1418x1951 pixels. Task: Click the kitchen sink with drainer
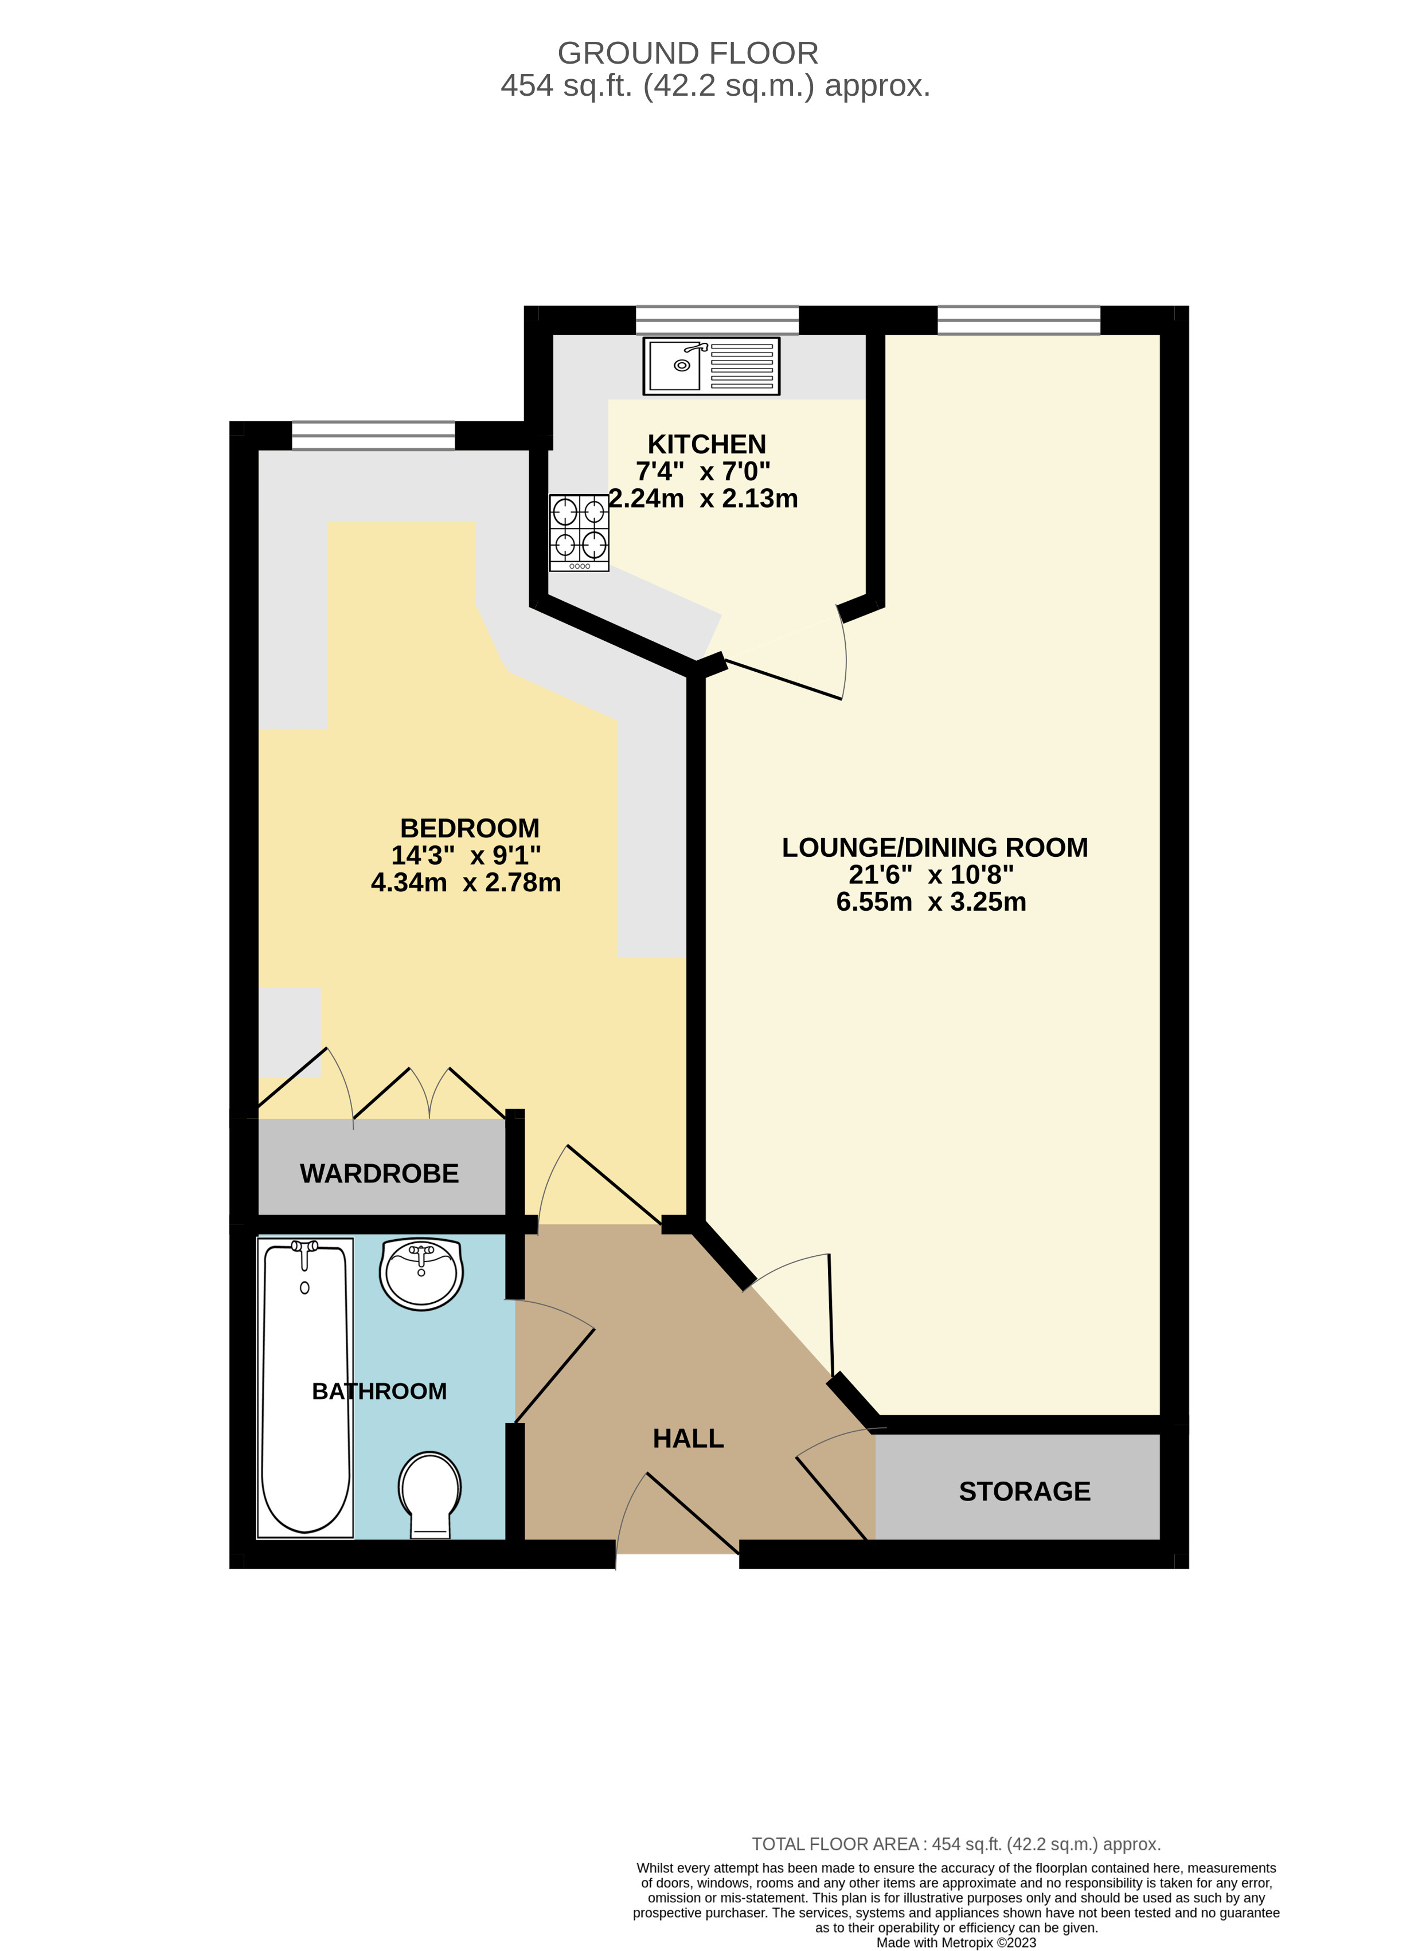(x=711, y=366)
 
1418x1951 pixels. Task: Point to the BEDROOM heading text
(x=470, y=828)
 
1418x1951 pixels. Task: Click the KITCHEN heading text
(x=706, y=445)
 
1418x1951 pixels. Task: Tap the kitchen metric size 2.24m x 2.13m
(x=704, y=499)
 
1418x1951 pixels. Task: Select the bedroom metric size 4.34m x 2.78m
(x=466, y=883)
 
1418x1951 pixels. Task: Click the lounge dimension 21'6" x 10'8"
(x=931, y=875)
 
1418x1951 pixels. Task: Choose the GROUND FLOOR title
(x=687, y=53)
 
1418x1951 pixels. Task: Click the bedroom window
(x=373, y=435)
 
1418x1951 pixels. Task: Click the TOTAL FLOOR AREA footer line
(x=956, y=1844)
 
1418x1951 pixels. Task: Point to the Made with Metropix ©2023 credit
(x=956, y=1942)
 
